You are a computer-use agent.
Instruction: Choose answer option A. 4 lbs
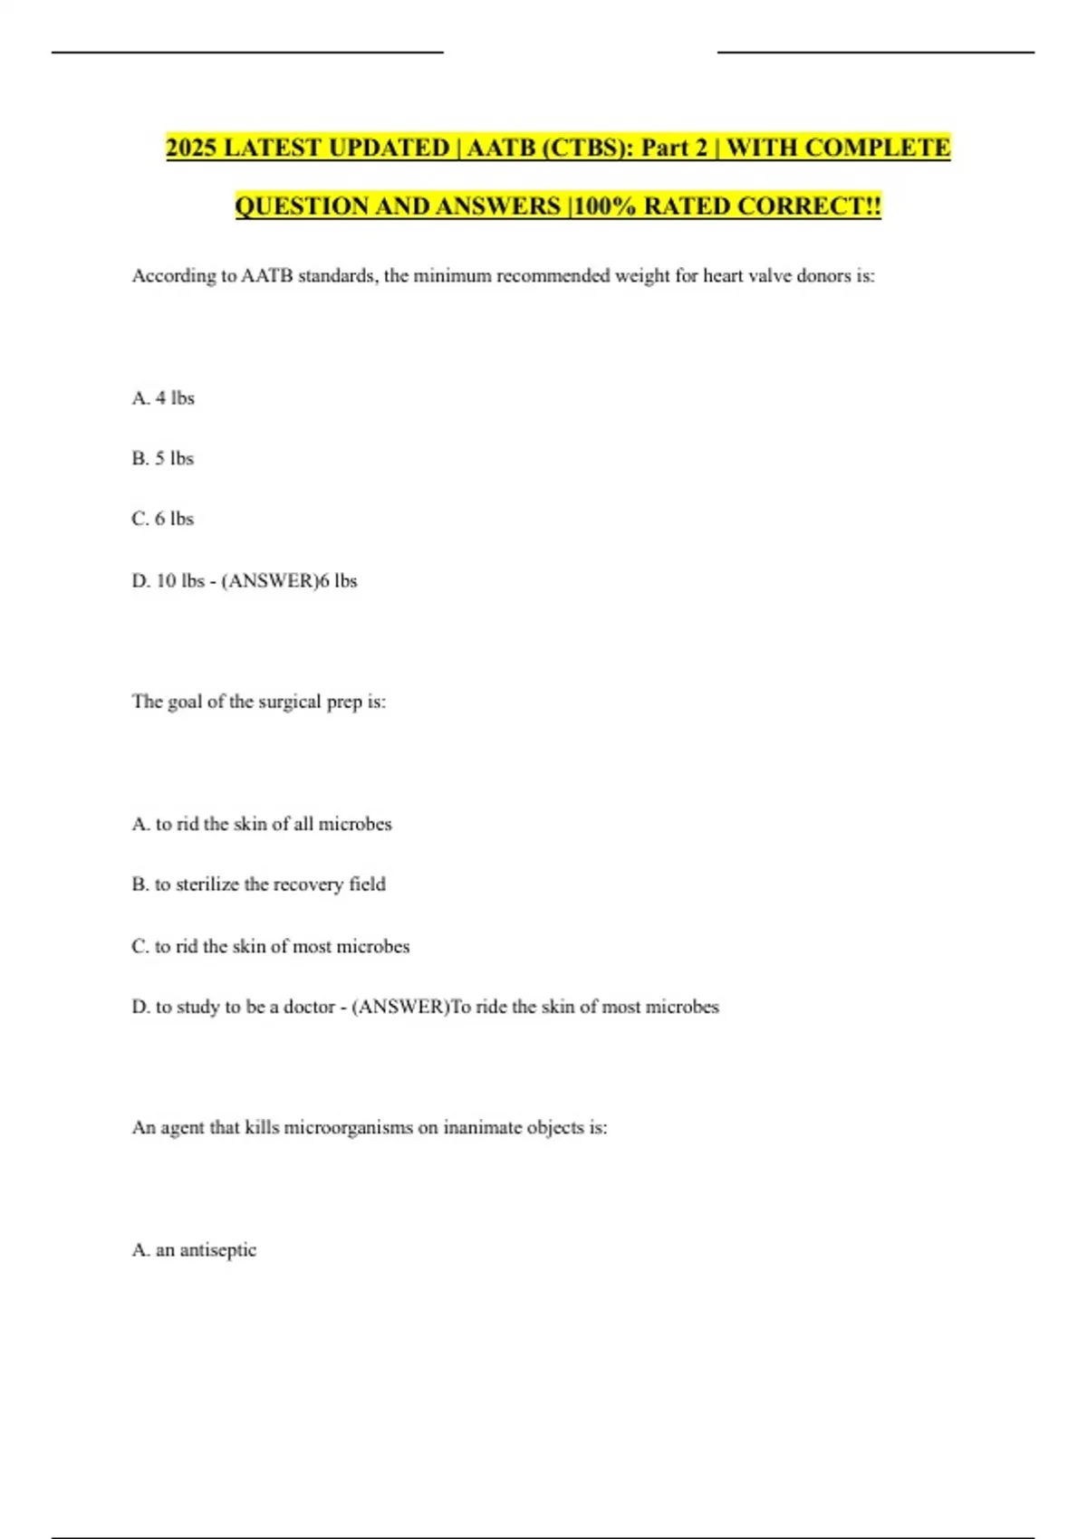[x=163, y=398]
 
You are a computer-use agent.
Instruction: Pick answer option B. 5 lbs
[x=163, y=459]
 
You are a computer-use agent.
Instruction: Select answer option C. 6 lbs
[x=163, y=519]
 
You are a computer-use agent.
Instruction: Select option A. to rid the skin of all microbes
[x=262, y=825]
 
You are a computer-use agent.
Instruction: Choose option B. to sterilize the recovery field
[x=258, y=884]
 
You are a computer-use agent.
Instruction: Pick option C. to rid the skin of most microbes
[x=270, y=947]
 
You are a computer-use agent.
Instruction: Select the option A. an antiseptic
[x=194, y=1250]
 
